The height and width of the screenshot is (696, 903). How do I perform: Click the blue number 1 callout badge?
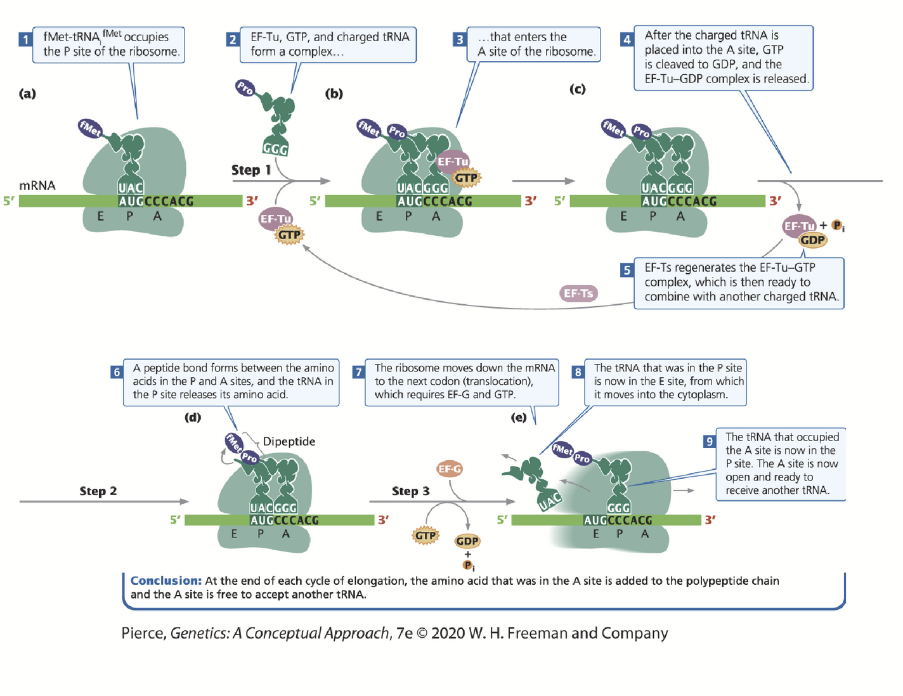[x=25, y=39]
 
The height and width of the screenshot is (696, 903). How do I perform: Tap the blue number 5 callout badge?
[x=627, y=270]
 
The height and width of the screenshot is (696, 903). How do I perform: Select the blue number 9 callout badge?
[x=710, y=441]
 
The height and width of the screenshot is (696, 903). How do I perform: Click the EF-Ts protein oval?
[x=578, y=293]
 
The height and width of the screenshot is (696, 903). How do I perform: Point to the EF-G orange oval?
[x=450, y=469]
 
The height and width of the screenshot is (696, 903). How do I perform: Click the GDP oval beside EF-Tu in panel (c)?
[x=812, y=240]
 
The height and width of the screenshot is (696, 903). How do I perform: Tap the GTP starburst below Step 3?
[x=426, y=536]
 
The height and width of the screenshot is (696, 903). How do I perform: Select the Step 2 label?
[x=98, y=491]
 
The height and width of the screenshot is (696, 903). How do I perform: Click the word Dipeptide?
[x=289, y=441]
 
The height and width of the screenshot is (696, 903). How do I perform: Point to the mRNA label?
[x=37, y=185]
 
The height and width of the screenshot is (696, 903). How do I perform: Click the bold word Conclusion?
[x=166, y=581]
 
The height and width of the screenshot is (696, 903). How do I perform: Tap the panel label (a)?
[x=27, y=94]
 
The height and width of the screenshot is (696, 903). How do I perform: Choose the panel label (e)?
[x=519, y=417]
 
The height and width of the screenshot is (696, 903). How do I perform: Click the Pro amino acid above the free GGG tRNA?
[x=245, y=87]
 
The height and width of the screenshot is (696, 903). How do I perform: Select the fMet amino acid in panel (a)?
[x=90, y=129]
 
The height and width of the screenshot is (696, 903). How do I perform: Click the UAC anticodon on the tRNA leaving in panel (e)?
[x=550, y=501]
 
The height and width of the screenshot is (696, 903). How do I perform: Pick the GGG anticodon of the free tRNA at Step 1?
[x=275, y=149]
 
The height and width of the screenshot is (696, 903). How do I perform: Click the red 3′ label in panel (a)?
[x=252, y=201]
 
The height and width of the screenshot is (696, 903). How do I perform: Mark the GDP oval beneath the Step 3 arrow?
[x=467, y=541]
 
